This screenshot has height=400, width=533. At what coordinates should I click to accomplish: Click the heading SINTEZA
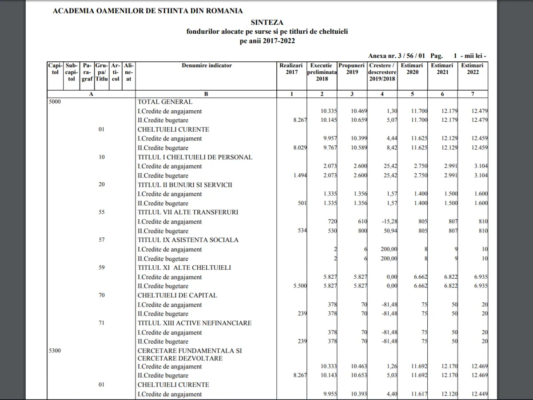coord(266,22)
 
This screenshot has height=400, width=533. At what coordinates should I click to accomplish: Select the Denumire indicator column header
coord(207,65)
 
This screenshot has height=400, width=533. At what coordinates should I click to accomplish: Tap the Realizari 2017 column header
coord(291,68)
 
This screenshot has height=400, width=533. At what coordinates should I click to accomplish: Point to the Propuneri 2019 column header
coord(352,68)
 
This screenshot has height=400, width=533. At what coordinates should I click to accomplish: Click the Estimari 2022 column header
coord(473,68)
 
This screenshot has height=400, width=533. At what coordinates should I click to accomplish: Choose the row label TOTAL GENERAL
coord(165,102)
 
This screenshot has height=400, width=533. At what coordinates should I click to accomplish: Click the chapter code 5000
coord(55,102)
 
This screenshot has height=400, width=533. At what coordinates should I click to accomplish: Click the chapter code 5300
coord(55,351)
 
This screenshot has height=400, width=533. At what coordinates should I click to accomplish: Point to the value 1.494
coord(300,176)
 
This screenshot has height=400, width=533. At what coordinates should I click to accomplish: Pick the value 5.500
coord(300,286)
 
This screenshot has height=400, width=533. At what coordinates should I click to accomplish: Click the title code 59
coord(102,268)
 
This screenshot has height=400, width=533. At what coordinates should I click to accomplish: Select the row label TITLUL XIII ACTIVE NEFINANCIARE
coord(195,323)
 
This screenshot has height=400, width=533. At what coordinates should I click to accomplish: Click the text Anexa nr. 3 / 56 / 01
coord(397,56)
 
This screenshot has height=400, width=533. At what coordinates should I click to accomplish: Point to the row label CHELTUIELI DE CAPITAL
coord(177,295)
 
